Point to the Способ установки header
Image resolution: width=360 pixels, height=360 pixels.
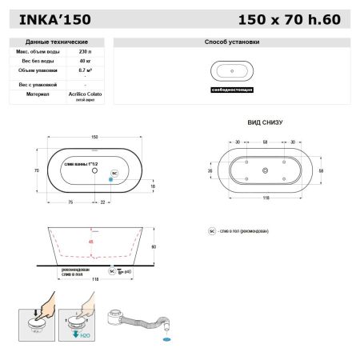tap(232, 41)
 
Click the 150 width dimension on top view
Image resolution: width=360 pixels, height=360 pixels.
tap(94, 138)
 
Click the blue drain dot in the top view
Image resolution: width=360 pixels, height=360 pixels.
tap(111, 179)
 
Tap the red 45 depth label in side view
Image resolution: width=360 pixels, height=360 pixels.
tap(90, 241)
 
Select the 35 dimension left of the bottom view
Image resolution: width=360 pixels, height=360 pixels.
tap(210, 170)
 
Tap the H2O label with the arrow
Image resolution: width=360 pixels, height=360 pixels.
tap(84, 336)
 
